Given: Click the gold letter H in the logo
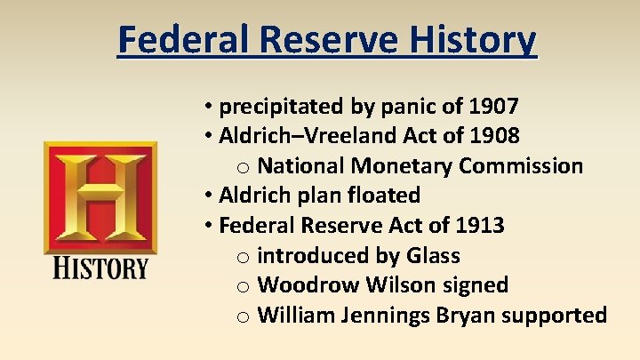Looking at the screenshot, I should click(x=100, y=197).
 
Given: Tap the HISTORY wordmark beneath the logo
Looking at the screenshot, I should click(x=100, y=268).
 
